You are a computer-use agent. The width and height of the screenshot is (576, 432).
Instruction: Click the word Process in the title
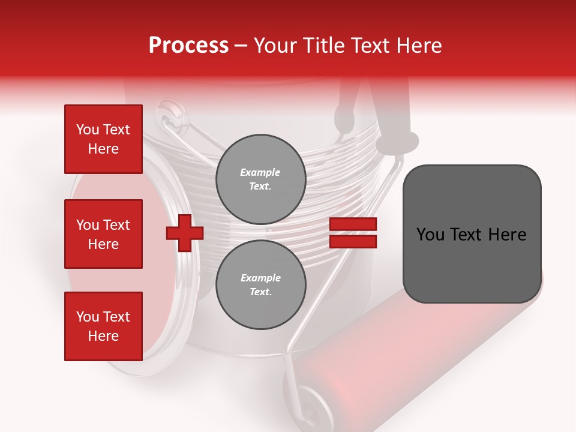coord(188,46)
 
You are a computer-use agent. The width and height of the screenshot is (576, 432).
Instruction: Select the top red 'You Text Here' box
coord(103,139)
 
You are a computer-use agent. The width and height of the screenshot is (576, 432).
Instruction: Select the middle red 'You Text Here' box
coord(103,234)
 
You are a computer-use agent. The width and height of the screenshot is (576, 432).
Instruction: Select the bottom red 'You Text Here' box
coord(103,326)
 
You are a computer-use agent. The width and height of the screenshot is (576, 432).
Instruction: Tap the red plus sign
coord(185,233)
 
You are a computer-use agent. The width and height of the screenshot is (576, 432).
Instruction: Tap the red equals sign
coord(353,233)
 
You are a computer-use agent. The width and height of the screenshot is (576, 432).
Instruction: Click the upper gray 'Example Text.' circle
coord(260,179)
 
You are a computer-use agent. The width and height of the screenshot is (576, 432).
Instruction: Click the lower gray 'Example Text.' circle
coord(260,285)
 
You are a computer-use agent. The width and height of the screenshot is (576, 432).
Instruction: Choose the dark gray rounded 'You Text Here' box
coord(472,234)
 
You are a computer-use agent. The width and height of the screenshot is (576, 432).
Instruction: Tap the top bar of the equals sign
coord(353,224)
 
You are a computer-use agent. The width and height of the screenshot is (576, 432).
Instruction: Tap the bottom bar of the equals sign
coord(353,242)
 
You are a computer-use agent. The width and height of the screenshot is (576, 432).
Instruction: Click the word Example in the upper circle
coord(260,172)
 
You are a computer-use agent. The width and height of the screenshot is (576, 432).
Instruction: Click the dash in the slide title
coord(241,46)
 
